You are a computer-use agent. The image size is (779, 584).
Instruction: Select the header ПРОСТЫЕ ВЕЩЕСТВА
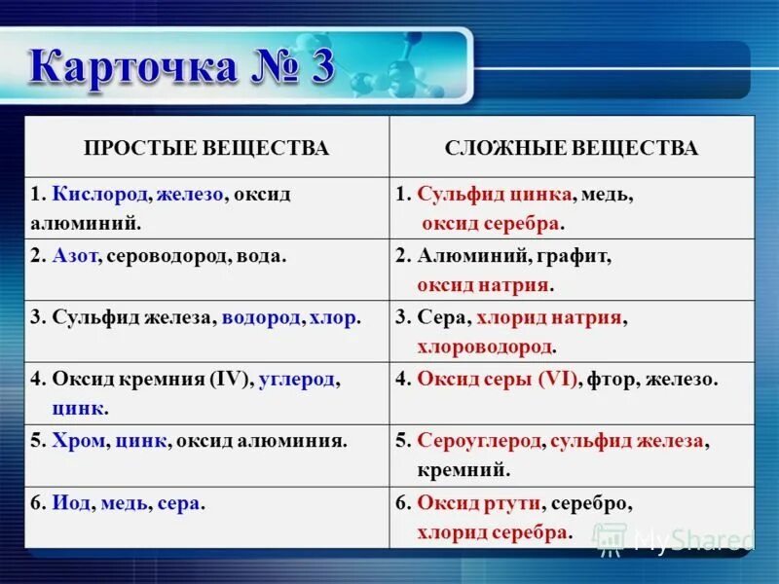pyautogui.click(x=206, y=148)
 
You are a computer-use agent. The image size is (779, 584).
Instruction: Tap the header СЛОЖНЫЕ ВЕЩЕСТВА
pyautogui.click(x=572, y=148)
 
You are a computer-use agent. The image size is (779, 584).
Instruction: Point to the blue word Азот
pyautogui.click(x=74, y=257)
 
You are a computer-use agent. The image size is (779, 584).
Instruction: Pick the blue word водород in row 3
pyautogui.click(x=261, y=317)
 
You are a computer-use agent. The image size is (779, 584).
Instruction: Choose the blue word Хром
pyautogui.click(x=76, y=440)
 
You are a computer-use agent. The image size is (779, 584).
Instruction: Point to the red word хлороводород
pyautogui.click(x=485, y=347)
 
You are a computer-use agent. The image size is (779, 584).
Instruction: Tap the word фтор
pyautogui.click(x=608, y=379)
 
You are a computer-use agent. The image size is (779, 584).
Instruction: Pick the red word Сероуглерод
pyautogui.click(x=478, y=440)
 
